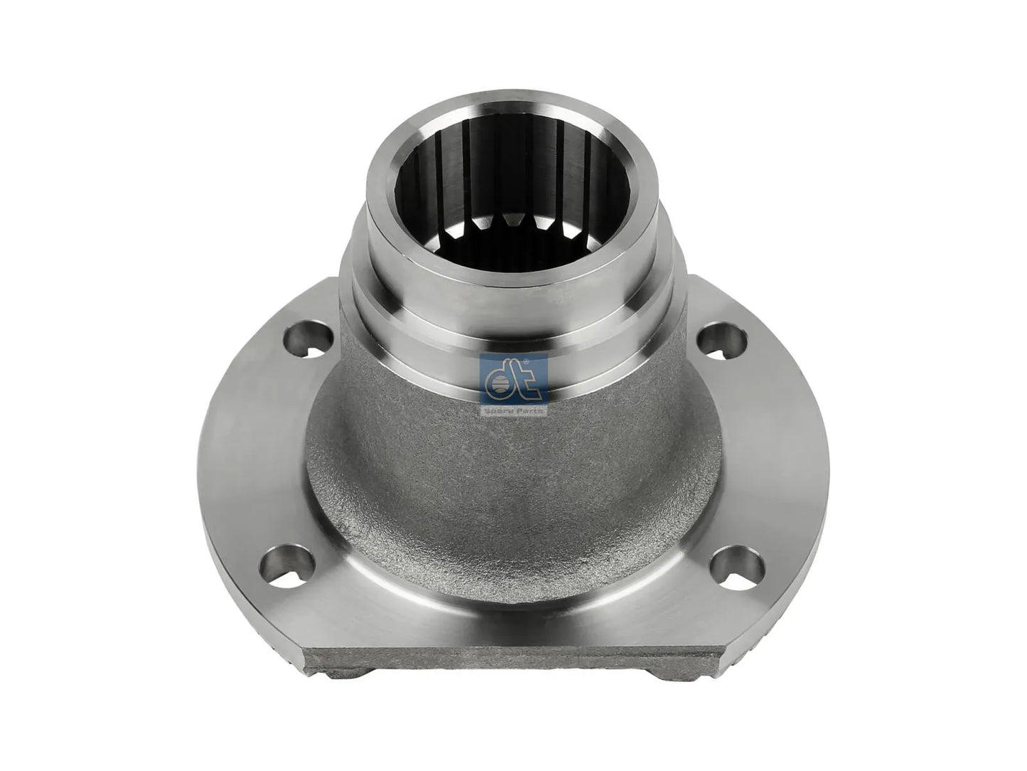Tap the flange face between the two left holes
pos(263,455)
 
